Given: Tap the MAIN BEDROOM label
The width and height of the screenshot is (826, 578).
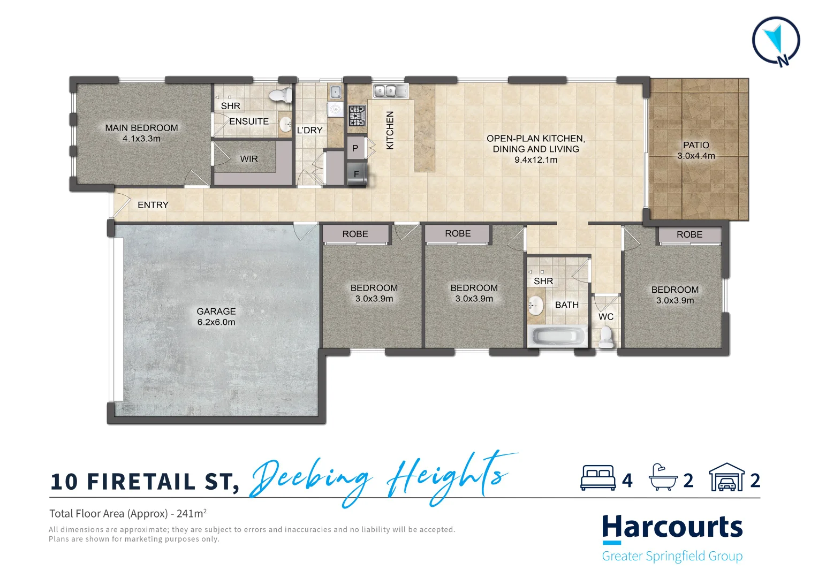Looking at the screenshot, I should [141, 128].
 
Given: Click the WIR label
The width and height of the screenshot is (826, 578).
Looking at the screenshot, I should [249, 159].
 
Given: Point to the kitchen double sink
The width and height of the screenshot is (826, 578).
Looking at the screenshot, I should [390, 91].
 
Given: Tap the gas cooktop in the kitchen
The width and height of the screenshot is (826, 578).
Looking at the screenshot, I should [357, 115].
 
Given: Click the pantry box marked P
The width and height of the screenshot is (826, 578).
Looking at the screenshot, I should [355, 148].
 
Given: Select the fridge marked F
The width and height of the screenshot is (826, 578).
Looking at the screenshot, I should [357, 174].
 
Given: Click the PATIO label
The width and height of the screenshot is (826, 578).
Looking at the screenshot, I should [696, 145].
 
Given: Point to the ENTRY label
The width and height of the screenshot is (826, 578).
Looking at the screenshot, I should [153, 205].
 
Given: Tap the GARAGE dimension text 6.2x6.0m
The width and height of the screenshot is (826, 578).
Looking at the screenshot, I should [216, 322].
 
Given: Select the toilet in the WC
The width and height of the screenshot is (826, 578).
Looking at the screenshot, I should [606, 336].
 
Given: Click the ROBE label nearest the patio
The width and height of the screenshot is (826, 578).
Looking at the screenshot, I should [689, 234].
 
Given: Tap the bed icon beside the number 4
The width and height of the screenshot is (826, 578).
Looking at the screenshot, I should [598, 478].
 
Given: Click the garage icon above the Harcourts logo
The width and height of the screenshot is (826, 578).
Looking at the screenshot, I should [726, 477].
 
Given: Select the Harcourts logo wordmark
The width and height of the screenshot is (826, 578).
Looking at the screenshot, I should [672, 527].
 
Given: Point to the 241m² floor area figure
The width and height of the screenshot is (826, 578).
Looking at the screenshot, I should [191, 513].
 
